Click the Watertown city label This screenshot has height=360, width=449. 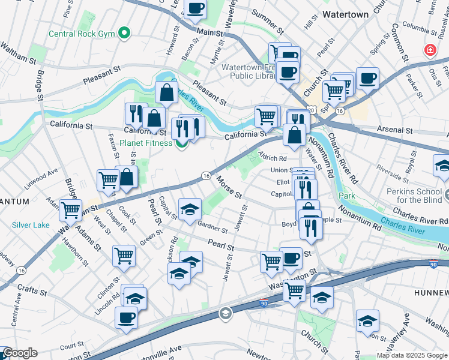[x=345, y=13]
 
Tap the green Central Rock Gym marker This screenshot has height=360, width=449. [x=125, y=32]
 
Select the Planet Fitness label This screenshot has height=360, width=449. [x=145, y=143]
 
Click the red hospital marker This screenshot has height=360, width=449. [x=430, y=50]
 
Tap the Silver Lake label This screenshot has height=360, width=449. [x=30, y=226]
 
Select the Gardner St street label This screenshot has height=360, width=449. [x=212, y=226]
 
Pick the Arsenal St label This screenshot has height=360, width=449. [x=395, y=130]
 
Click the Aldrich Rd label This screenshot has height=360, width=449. [x=272, y=157]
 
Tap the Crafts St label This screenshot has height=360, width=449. [x=32, y=291]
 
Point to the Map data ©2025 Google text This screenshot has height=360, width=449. [x=411, y=355]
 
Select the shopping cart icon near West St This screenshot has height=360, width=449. [x=124, y=256]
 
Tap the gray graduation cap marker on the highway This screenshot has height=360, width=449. [x=225, y=313]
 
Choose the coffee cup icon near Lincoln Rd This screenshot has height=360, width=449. [x=126, y=317]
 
